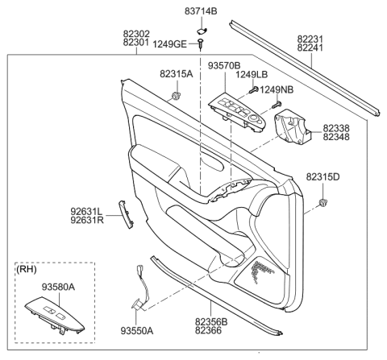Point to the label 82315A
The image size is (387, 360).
coord(177,74)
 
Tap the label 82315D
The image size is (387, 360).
coord(322,176)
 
